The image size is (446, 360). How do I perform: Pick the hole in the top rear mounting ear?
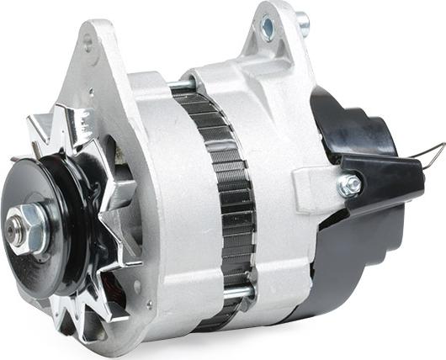pyautogui.click(x=267, y=28)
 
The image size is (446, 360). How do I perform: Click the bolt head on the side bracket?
pyautogui.click(x=350, y=185)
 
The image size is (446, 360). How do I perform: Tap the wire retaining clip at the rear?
pyautogui.click(x=425, y=156)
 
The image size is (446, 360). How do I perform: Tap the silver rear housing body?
pyautogui.click(x=278, y=126)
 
